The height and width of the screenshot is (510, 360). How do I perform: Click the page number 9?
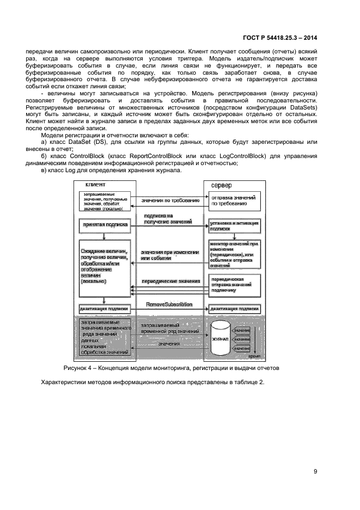[315, 471]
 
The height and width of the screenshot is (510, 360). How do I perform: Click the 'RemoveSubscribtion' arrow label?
[169, 304]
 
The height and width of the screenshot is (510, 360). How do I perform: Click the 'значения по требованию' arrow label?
[169, 201]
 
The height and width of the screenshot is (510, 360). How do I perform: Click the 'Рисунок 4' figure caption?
[171, 368]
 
